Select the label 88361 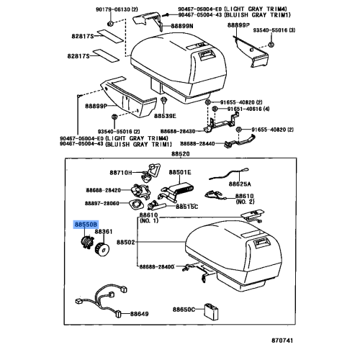pos(105,231)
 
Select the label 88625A pos(242,184)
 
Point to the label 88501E pos(180,173)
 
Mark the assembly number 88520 pos(180,154)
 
